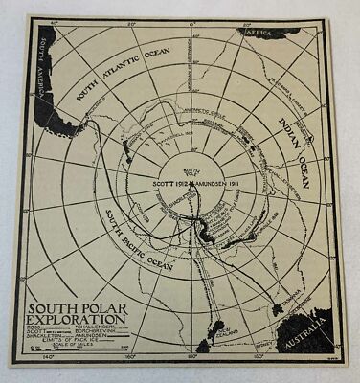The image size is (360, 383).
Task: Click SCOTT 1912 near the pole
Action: pyautogui.click(x=160, y=180)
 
